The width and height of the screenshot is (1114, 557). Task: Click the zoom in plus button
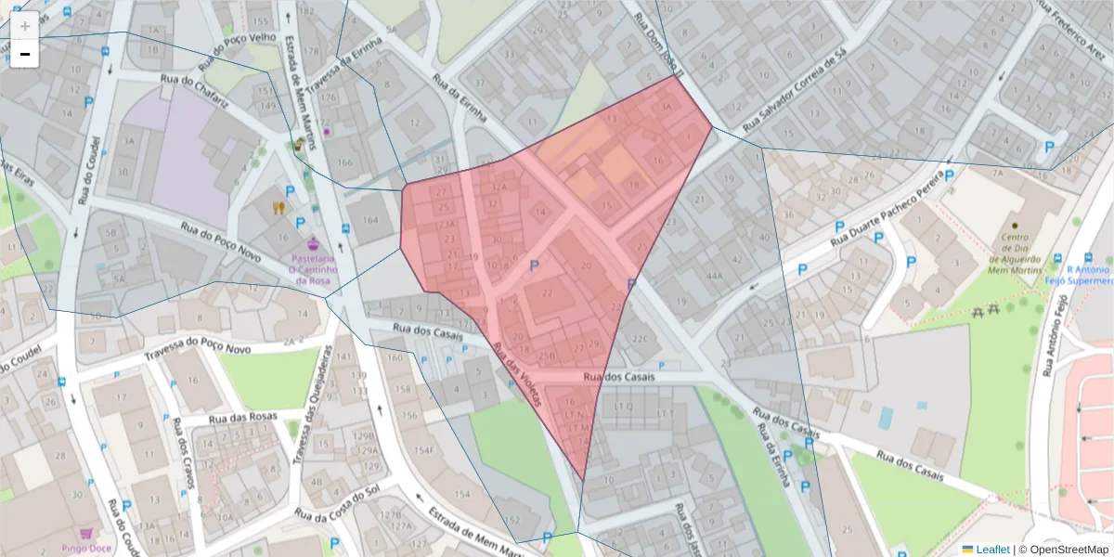pyautogui.click(x=25, y=26)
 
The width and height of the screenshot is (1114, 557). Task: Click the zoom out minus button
pyautogui.click(x=25, y=54)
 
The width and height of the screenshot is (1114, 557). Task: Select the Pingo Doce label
pyautogui.click(x=86, y=548)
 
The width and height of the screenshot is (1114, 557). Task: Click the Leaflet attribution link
pyautogui.click(x=991, y=550)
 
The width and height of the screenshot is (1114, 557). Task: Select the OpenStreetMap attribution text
pyautogui.click(x=1069, y=550)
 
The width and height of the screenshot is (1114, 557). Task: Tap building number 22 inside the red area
pyautogui.click(x=547, y=293)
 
